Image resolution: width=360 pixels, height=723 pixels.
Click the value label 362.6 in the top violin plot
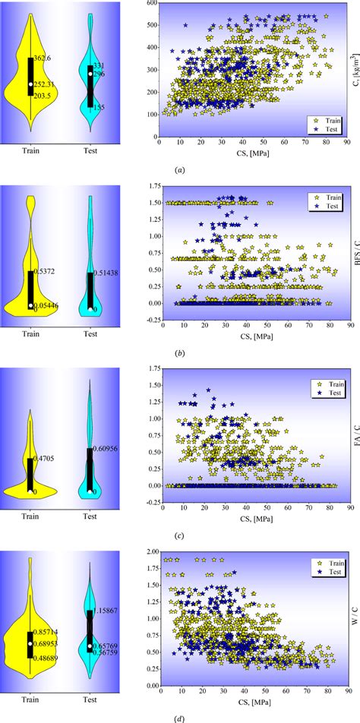click(x=41, y=58)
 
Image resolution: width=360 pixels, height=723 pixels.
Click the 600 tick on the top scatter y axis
click(x=150, y=5)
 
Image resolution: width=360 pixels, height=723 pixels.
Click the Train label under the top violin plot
click(x=30, y=150)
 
